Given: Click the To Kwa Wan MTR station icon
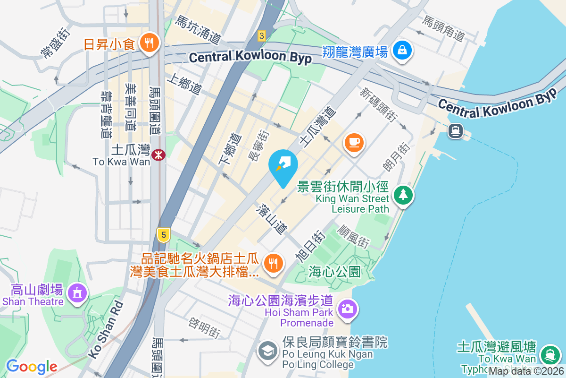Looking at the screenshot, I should coord(158,154).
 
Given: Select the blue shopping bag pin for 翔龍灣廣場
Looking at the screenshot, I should coord(402,50).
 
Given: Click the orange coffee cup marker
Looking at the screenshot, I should coord(354,142).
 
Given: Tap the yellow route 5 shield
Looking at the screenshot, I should coord(163,234).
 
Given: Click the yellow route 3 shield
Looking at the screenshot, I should coord(262,35).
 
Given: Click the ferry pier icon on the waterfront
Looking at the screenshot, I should coord(455,130).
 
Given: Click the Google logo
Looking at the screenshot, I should coord(32,367).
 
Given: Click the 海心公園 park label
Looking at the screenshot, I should coord(335,272).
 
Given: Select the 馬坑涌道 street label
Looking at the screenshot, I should coord(198,29).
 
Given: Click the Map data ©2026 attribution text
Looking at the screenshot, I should coord(525,371).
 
